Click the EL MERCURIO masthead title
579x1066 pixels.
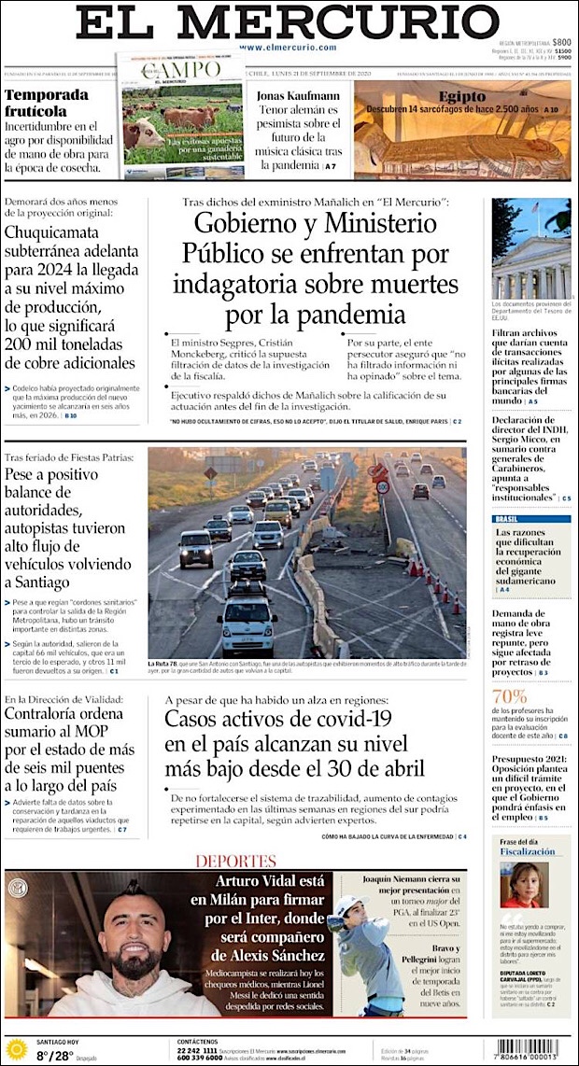click(288, 22)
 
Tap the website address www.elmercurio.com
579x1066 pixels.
click(288, 47)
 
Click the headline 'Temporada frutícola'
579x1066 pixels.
click(47, 102)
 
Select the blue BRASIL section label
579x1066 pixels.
click(506, 519)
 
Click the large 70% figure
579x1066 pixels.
click(510, 695)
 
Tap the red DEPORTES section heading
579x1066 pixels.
click(235, 861)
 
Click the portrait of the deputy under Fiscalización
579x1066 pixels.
click(524, 884)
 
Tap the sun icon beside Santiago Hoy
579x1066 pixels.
click(17, 1048)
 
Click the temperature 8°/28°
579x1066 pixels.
click(55, 1056)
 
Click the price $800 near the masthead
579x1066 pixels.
click(561, 42)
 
